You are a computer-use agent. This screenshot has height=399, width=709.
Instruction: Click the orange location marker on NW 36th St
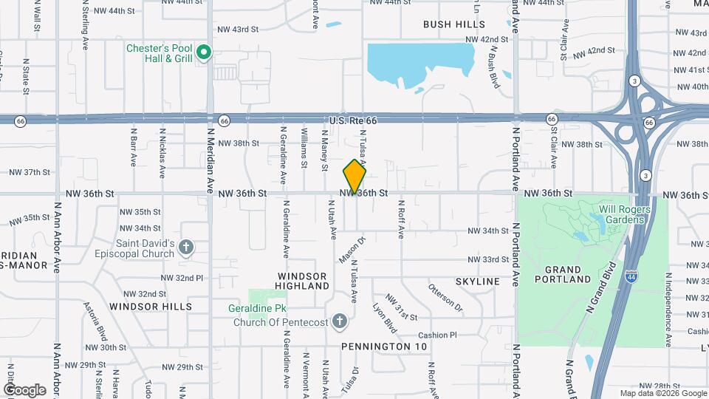(x=354, y=177)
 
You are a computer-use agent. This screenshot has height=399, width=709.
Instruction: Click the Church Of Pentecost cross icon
(x=339, y=321)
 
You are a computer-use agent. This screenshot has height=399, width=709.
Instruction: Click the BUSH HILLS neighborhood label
(x=454, y=24)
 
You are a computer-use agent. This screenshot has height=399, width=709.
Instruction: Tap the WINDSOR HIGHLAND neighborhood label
(x=303, y=280)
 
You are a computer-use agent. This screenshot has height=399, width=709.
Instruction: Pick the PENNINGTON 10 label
(x=384, y=346)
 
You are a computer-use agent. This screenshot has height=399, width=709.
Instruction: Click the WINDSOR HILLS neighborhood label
(x=151, y=306)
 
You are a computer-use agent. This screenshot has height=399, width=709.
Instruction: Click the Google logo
(x=24, y=389)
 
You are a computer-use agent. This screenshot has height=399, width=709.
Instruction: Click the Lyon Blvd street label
(x=385, y=316)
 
